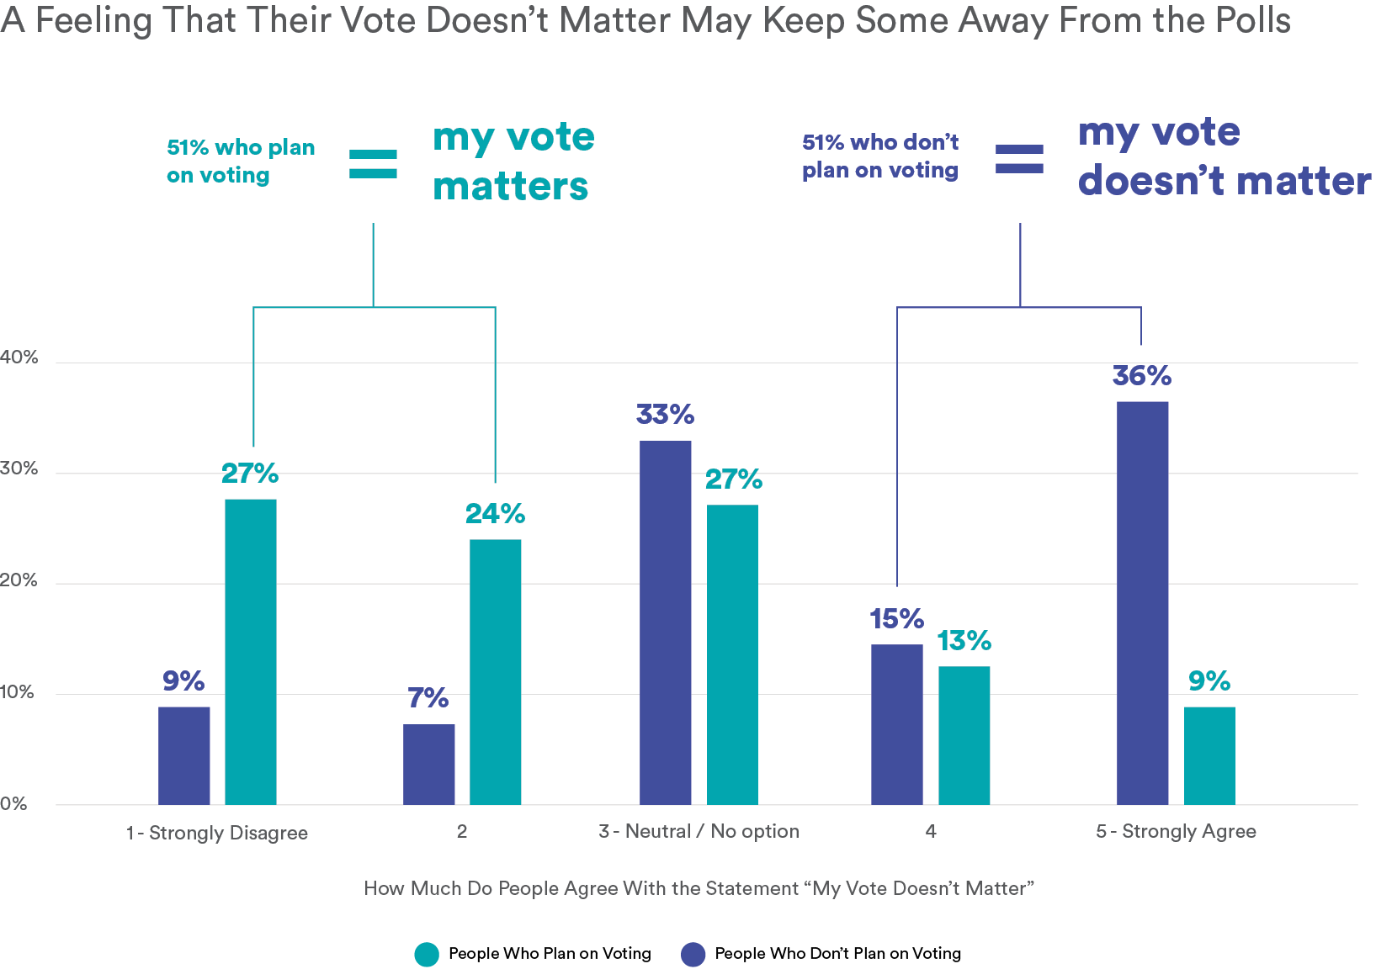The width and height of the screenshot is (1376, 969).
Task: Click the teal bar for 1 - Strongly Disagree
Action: [x=251, y=652]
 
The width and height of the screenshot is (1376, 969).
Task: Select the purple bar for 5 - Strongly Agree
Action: [x=1142, y=603]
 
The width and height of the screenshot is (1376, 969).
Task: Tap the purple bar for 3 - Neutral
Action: [x=665, y=622]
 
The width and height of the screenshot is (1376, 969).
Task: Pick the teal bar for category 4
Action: [x=964, y=735]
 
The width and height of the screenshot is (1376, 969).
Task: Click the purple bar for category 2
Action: [x=428, y=764]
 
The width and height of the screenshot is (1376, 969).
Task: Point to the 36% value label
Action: [x=1141, y=375]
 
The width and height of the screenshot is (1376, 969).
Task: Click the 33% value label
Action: [x=665, y=414]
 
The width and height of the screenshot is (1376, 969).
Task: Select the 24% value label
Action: [x=495, y=513]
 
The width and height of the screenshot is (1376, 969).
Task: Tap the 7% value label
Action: [x=428, y=697]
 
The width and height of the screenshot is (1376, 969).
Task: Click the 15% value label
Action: [x=896, y=619]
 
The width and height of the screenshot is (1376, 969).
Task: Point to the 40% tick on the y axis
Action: [x=19, y=357]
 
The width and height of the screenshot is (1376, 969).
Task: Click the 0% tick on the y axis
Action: [x=13, y=803]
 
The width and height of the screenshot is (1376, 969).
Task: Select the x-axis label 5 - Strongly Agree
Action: [x=1175, y=831]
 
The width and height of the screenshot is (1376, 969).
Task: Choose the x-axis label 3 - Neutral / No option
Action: [x=699, y=831]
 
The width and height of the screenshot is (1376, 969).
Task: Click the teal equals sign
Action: [x=373, y=164]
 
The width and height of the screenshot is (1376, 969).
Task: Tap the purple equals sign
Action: [x=1019, y=159]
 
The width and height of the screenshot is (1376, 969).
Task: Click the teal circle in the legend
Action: [x=427, y=955]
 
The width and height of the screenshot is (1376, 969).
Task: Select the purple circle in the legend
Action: [x=693, y=955]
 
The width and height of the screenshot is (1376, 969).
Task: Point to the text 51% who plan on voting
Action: [x=241, y=161]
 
